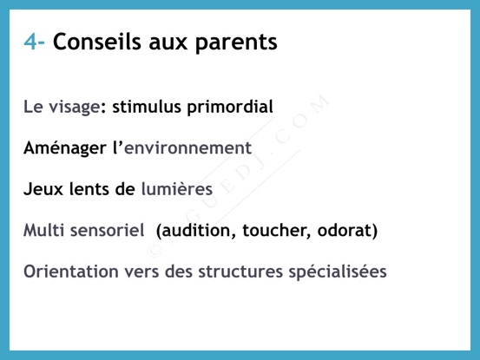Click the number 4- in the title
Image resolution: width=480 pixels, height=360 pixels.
pos(35,42)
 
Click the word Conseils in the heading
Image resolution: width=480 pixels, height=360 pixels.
pos(96,42)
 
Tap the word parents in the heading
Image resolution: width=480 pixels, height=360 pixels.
pos(236,43)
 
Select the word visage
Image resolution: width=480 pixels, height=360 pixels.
pos(75,108)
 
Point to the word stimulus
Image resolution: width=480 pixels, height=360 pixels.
pos(147,107)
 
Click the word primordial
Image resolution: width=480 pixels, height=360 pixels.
pos(230,107)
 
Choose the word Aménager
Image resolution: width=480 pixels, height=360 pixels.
pos(65,148)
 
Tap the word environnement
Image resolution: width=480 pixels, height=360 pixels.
pos(188,148)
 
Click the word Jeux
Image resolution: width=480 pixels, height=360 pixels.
pos(43,189)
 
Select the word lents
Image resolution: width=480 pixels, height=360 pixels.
pos(89,188)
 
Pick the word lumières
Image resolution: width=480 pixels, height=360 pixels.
pos(176,188)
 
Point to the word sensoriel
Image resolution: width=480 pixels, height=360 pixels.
pos(107,230)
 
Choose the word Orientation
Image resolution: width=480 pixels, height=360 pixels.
pos(71,272)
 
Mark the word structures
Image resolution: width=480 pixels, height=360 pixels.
pos(240,272)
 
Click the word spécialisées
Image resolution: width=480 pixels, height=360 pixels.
pos(338,272)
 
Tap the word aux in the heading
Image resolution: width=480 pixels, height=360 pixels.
pos(168,43)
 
